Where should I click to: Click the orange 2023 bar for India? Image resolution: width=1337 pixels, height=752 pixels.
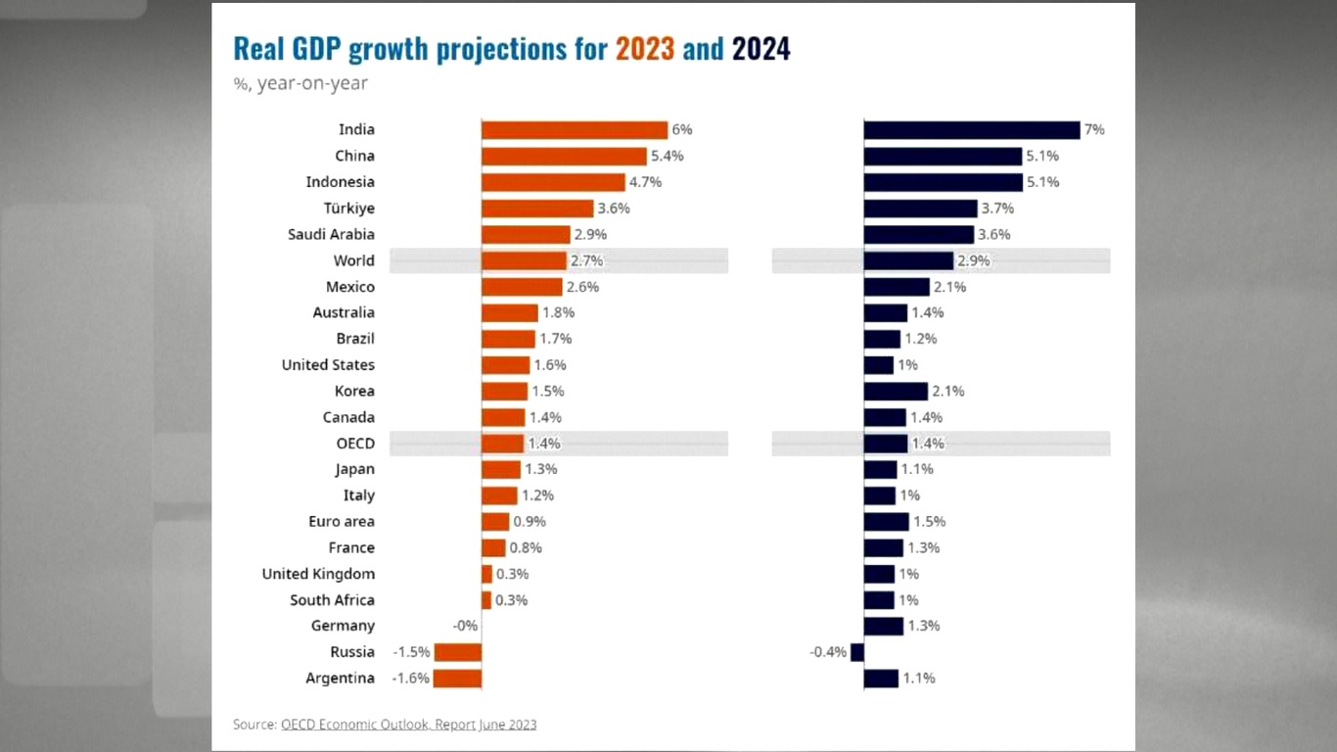click(575, 130)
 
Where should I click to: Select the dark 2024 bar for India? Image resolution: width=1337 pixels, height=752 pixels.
click(972, 130)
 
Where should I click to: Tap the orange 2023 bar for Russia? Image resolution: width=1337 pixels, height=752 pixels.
click(458, 652)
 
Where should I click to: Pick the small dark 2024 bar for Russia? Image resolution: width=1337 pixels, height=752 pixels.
click(857, 652)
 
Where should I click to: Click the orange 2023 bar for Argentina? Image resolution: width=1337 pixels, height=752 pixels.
click(457, 679)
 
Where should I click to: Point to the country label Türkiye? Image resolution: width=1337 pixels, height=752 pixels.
click(349, 209)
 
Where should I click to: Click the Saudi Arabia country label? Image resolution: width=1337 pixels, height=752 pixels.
click(331, 235)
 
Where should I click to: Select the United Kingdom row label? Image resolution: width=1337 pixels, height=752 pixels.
click(318, 574)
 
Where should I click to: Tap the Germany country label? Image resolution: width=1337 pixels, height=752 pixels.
click(343, 626)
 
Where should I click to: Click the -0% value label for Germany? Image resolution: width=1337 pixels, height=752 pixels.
click(465, 626)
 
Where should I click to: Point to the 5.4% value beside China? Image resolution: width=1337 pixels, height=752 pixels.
click(667, 157)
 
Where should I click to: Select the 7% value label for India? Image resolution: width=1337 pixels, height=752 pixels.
click(1094, 130)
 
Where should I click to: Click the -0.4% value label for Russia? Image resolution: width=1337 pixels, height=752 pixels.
click(828, 652)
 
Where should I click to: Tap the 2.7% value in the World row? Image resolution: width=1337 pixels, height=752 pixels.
click(587, 260)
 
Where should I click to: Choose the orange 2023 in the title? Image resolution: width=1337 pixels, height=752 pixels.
click(645, 49)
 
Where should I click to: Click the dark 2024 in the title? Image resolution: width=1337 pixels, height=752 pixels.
click(761, 49)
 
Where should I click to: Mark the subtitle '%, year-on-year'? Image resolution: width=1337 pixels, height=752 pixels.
click(300, 83)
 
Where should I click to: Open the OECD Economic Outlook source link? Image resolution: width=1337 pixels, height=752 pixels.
click(408, 725)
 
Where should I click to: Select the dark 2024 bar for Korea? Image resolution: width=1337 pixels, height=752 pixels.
click(896, 392)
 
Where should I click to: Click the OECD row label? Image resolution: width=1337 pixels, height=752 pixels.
click(355, 444)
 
